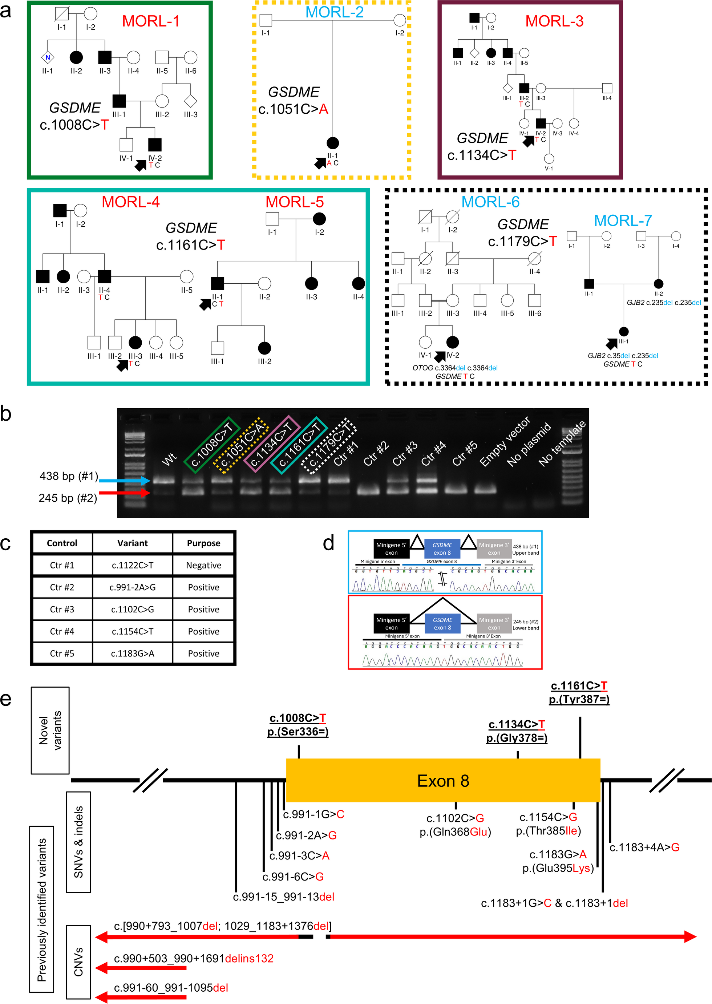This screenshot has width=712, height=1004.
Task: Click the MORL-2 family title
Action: (334, 12)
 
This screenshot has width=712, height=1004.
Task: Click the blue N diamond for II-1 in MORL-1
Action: (47, 57)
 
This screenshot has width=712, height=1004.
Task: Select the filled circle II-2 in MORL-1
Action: (76, 57)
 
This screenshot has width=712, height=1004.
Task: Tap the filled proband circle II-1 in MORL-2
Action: (333, 143)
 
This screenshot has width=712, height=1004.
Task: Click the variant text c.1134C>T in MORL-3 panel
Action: (481, 155)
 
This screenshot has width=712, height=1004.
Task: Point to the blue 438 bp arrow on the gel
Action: (125, 481)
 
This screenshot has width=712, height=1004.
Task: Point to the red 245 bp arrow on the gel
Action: (125, 493)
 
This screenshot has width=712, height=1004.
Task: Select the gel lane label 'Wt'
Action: (169, 459)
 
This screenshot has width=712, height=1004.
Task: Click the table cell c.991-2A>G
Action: (132, 587)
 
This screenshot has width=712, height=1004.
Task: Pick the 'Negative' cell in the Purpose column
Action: (203, 566)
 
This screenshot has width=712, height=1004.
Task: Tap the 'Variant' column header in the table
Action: (132, 543)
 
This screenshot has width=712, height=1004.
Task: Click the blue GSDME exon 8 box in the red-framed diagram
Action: (442, 623)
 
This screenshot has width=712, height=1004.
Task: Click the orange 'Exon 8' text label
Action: (443, 781)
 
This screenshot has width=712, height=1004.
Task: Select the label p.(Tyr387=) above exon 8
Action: (579, 699)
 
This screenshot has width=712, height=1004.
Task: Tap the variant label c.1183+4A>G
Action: (644, 847)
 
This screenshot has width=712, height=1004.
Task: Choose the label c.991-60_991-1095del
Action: (171, 988)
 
